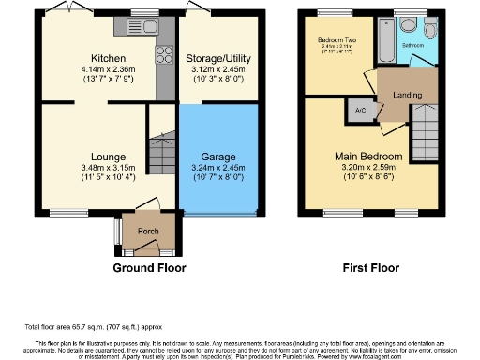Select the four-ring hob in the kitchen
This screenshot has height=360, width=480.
click(163, 54)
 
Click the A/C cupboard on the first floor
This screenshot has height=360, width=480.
click(360, 109)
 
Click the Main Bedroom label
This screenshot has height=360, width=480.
click(369, 157)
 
